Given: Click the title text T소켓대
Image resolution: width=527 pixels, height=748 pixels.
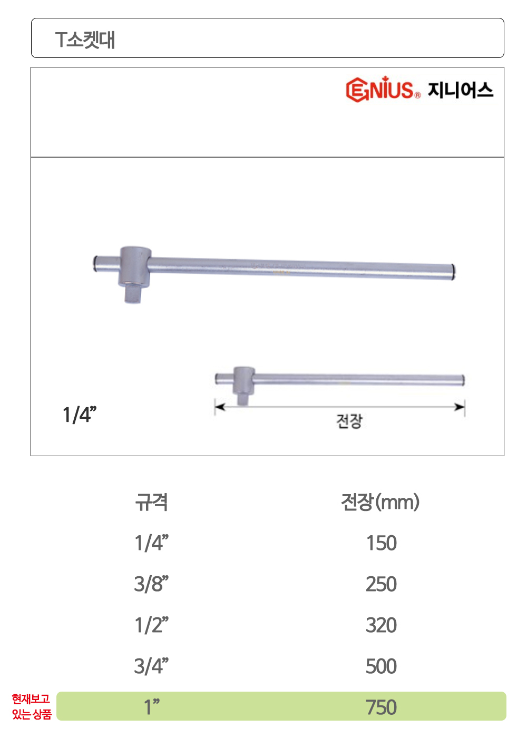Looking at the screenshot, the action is pyautogui.click(x=85, y=40).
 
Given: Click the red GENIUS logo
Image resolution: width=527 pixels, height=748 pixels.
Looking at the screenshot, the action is pyautogui.click(x=383, y=89).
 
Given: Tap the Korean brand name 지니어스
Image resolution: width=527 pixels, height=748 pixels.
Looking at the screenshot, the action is pyautogui.click(x=460, y=90).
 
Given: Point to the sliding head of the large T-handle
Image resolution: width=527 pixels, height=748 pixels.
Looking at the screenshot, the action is pyautogui.click(x=135, y=266).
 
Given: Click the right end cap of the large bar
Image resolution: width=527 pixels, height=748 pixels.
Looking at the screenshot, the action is pyautogui.click(x=453, y=272).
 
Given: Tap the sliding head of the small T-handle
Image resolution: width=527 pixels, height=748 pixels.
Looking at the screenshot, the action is pyautogui.click(x=244, y=380).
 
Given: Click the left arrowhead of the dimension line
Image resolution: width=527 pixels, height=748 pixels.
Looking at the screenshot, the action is pyautogui.click(x=220, y=407).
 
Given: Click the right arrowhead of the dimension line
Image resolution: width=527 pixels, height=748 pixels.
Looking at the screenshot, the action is pyautogui.click(x=460, y=407).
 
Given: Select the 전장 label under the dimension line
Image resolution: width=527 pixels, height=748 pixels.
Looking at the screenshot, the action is pyautogui.click(x=349, y=421).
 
